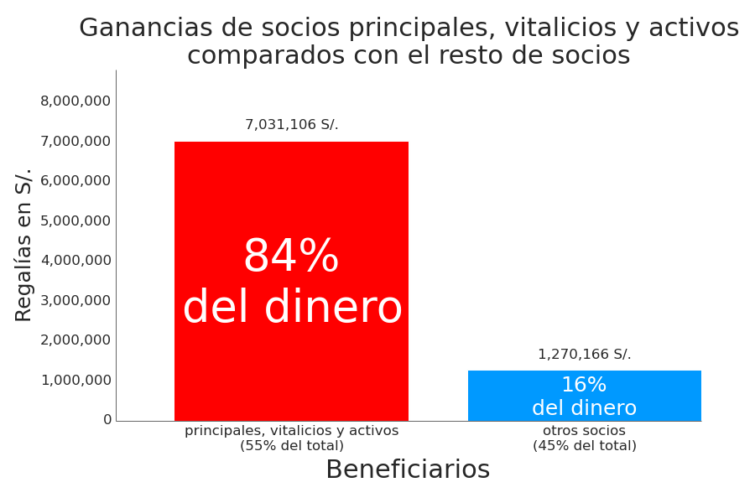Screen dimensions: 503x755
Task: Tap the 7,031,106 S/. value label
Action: pos(291,125)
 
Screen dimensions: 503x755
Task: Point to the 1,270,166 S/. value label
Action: pos(584,355)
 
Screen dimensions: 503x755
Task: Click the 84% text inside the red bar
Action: pos(290,257)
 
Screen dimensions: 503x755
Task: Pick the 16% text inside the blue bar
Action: pos(584,386)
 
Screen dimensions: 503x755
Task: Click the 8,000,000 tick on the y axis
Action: pos(75,101)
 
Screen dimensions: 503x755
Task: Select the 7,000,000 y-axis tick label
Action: pos(75,141)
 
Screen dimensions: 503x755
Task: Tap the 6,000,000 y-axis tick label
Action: pos(75,181)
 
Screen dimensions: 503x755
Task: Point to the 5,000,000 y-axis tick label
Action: pos(75,220)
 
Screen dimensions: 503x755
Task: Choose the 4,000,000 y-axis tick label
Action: pos(75,261)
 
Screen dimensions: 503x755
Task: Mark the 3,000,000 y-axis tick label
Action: pos(75,300)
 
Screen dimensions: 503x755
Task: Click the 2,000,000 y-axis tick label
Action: pos(75,340)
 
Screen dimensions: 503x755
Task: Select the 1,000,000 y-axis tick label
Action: pos(75,380)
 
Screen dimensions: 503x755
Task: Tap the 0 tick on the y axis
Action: pos(107,420)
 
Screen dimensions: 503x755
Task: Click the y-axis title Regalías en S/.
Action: pos(24,245)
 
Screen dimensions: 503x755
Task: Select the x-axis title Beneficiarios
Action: pos(408,470)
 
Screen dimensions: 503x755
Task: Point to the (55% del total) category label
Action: pos(292,446)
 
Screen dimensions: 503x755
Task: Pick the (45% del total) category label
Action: pos(585,446)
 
